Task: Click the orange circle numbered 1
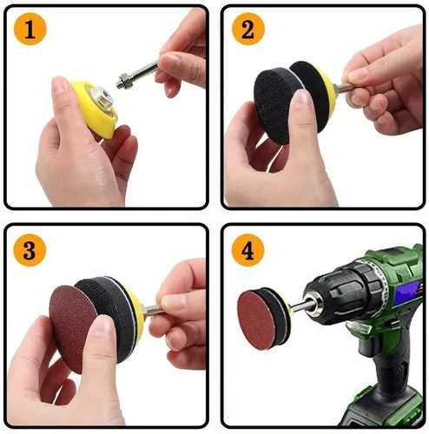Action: (x=30, y=29)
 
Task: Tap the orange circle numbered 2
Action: (x=248, y=29)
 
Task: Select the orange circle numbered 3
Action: (x=30, y=250)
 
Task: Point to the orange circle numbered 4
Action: (x=247, y=250)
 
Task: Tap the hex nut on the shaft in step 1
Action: (x=124, y=80)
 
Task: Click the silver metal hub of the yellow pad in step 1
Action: (x=103, y=97)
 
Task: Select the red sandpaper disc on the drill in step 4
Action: (x=254, y=319)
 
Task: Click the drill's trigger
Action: (x=359, y=326)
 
